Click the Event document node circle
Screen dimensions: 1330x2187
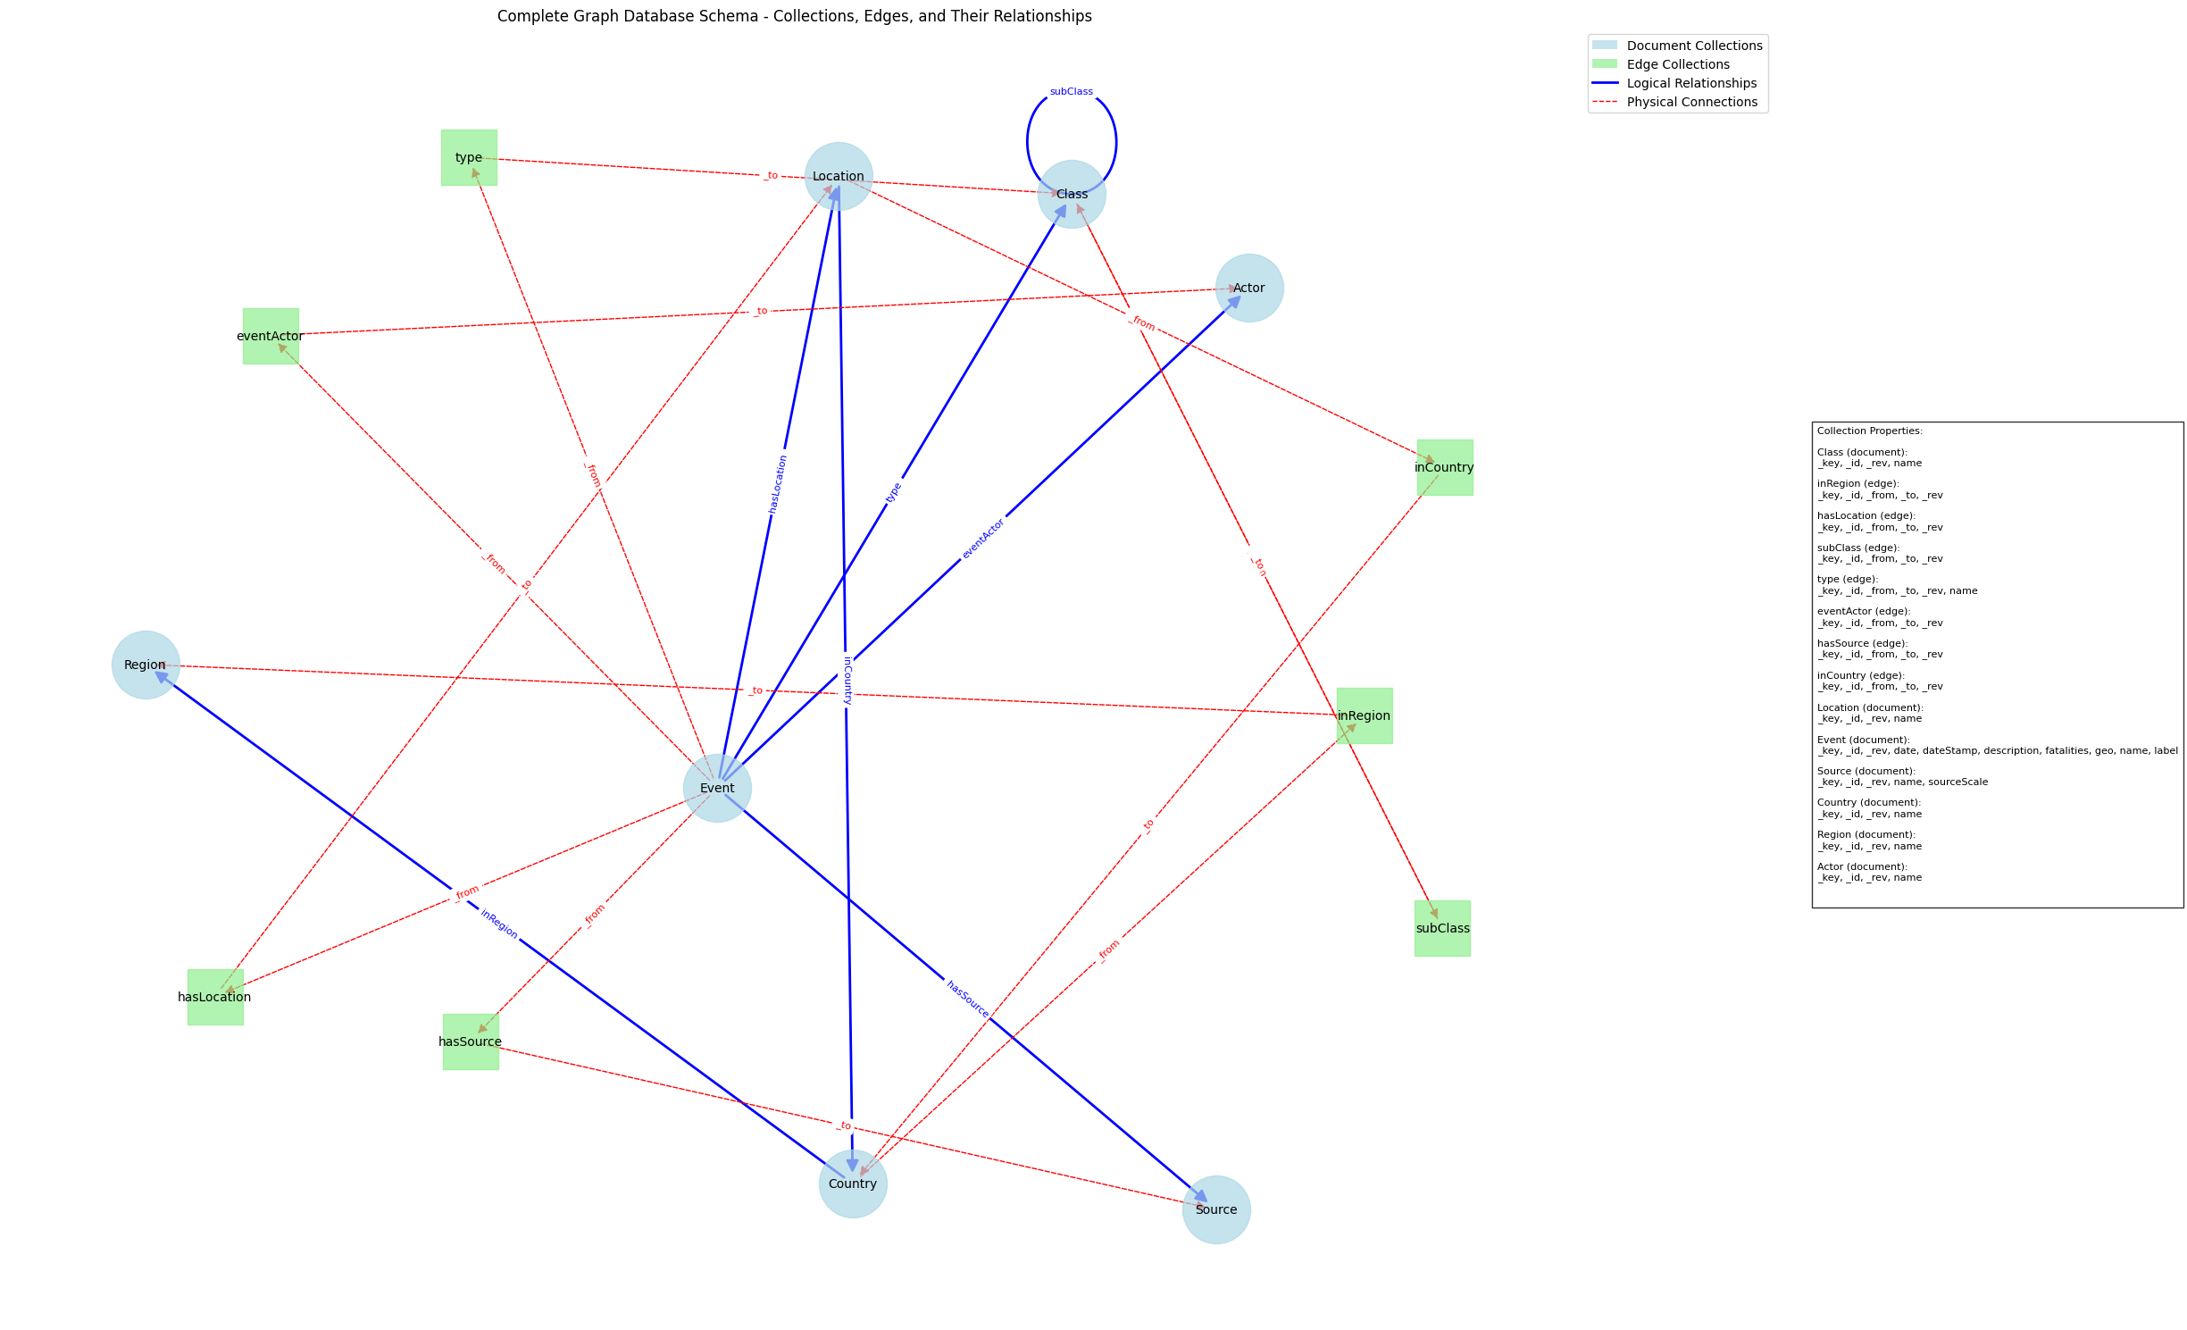tap(717, 788)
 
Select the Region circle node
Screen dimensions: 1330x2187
tap(146, 665)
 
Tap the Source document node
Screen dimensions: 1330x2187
tap(1215, 1209)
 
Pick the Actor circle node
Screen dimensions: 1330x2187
tap(1248, 288)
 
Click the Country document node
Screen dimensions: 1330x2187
tap(852, 1184)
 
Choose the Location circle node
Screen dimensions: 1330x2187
tap(838, 176)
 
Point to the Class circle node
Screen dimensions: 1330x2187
tap(1072, 194)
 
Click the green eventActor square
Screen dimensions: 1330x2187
tap(270, 336)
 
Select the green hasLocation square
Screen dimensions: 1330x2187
tap(214, 997)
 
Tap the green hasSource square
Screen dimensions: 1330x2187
tap(470, 1041)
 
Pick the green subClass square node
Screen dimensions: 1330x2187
tap(1441, 928)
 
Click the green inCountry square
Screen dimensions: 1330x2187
tap(1444, 467)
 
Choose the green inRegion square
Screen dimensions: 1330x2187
tap(1364, 715)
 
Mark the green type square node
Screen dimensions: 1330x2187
tap(468, 157)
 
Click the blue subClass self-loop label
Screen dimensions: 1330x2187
tap(1071, 91)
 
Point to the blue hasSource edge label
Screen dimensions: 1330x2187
tap(967, 999)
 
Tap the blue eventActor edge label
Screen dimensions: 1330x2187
tap(983, 539)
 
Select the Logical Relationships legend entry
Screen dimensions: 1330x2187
tap(1690, 83)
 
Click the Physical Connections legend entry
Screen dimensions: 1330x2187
tap(1690, 102)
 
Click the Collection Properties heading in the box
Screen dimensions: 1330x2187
tap(1869, 431)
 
